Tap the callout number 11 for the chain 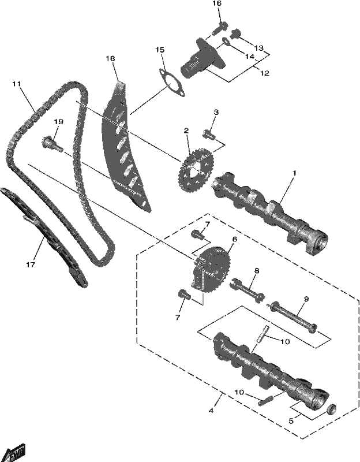click(x=17, y=84)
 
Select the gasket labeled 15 click(x=172, y=83)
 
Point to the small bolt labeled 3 click(x=209, y=135)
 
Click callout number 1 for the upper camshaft click(x=294, y=172)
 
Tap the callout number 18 click(x=110, y=59)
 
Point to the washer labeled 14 click(x=226, y=42)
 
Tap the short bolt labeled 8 click(x=246, y=290)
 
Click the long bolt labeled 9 click(x=292, y=316)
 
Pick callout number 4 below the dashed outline click(x=211, y=411)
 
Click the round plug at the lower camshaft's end click(x=332, y=409)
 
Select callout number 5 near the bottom click(x=291, y=421)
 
